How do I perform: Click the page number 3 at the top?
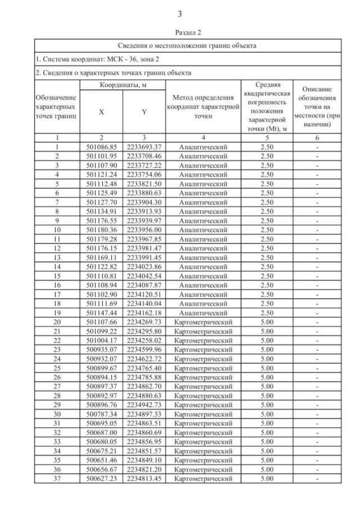(x=180, y=13)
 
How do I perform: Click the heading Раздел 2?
(x=180, y=33)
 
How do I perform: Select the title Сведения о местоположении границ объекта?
(x=180, y=45)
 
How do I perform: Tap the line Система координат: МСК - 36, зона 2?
(x=90, y=58)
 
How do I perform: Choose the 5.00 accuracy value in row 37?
(x=267, y=478)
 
